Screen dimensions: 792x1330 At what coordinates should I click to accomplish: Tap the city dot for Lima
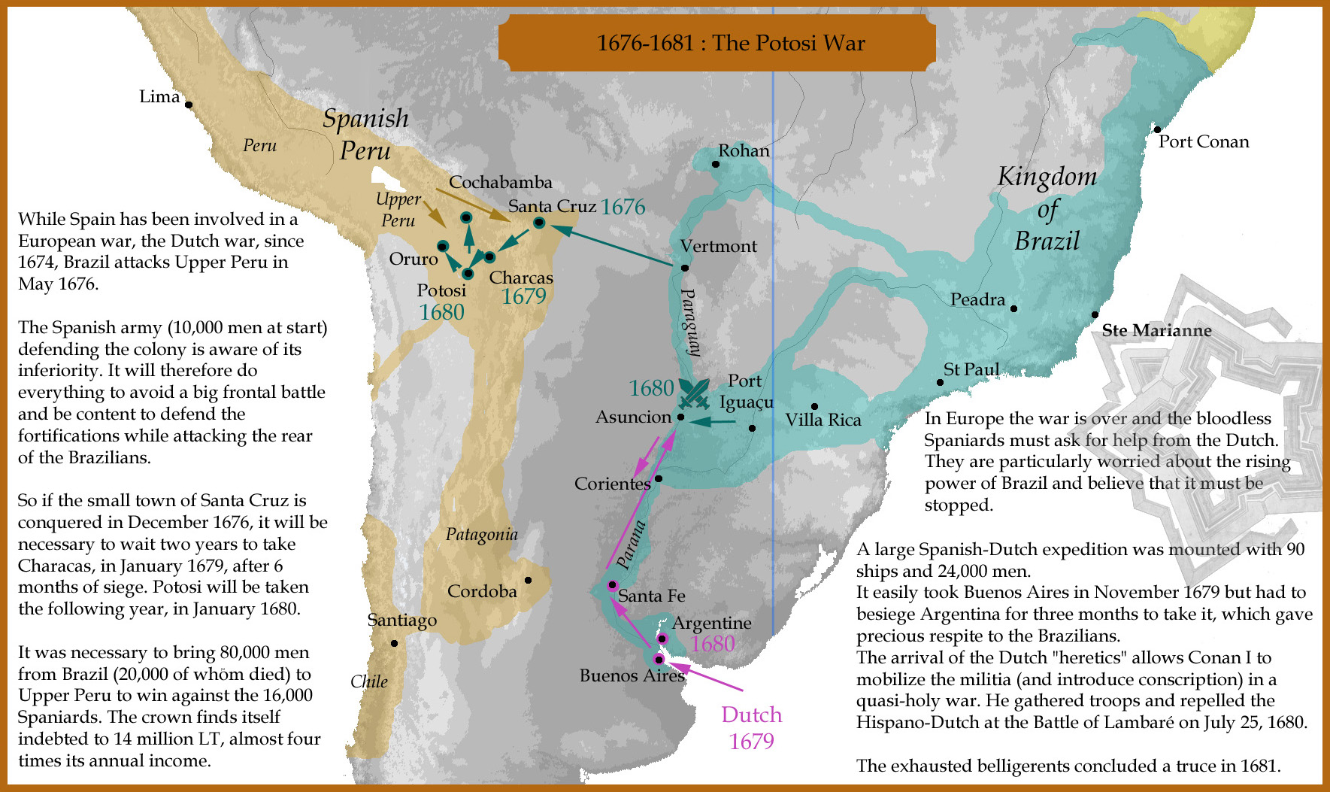pyautogui.click(x=189, y=105)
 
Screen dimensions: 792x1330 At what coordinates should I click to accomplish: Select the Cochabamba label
pyautogui.click(x=500, y=182)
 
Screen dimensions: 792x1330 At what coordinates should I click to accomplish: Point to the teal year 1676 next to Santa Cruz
pyautogui.click(x=623, y=207)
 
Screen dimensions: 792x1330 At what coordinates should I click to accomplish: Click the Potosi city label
pyautogui.click(x=441, y=290)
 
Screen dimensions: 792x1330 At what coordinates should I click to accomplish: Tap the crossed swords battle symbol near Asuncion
pyautogui.click(x=693, y=393)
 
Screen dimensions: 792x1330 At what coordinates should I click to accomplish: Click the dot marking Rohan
pyautogui.click(x=715, y=164)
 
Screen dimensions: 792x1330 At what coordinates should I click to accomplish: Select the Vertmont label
pyautogui.click(x=718, y=246)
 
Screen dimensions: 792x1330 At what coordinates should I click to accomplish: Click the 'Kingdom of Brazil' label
pyautogui.click(x=1047, y=208)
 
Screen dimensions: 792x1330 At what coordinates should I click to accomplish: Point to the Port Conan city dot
pyautogui.click(x=1157, y=130)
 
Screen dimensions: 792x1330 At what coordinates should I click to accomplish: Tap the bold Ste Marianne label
pyautogui.click(x=1156, y=330)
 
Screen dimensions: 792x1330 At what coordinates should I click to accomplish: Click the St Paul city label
pyautogui.click(x=971, y=369)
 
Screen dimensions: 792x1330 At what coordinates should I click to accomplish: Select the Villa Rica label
pyautogui.click(x=823, y=420)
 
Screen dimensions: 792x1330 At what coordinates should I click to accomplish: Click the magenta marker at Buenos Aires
pyautogui.click(x=659, y=659)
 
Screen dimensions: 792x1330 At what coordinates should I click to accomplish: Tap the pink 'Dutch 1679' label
pyautogui.click(x=751, y=727)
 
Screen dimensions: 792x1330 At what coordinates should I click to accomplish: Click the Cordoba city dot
pyautogui.click(x=528, y=580)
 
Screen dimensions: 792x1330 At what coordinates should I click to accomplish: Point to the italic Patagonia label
pyautogui.click(x=481, y=534)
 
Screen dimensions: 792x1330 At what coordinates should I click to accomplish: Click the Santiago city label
pyautogui.click(x=401, y=620)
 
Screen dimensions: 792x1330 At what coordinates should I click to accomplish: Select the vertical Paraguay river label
pyautogui.click(x=691, y=322)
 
